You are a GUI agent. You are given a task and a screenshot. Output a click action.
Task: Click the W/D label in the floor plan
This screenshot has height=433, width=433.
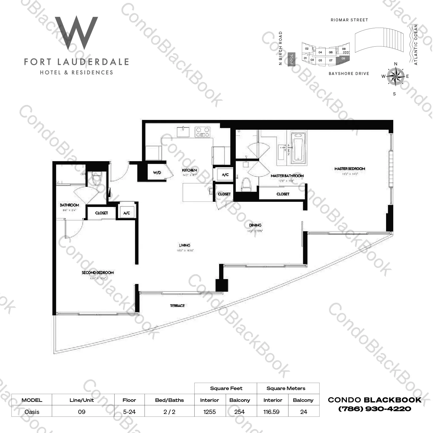coord(157,173)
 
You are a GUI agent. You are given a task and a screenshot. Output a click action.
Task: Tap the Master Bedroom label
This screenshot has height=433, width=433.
coord(350,169)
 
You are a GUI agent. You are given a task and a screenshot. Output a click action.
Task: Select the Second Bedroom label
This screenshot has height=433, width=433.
coord(98,272)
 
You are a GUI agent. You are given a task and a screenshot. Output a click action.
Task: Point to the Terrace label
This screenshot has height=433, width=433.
coord(177,306)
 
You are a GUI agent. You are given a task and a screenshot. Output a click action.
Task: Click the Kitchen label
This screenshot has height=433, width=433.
coord(189,170)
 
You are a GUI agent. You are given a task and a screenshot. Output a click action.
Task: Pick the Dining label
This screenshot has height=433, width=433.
coord(255,225)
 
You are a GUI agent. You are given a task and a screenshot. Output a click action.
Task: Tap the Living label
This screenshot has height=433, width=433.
coord(185,245)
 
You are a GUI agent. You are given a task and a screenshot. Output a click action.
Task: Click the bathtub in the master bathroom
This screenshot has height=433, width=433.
coord(298,147)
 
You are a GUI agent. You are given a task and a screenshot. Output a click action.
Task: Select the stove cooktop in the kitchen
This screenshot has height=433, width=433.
coord(203,132)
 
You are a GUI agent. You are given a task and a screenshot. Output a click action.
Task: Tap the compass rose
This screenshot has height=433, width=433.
coord(395,76)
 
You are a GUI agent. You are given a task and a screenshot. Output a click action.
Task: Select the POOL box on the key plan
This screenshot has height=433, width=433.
coord(292,59)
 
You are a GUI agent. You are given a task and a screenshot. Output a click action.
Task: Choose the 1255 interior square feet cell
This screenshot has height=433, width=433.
coord(210,412)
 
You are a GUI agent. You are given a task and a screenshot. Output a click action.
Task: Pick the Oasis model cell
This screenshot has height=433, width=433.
coord(32,412)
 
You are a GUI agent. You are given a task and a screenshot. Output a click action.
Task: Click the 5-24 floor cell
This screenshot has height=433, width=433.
coord(129,412)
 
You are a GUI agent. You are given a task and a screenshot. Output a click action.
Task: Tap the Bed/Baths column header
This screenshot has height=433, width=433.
coord(169,400)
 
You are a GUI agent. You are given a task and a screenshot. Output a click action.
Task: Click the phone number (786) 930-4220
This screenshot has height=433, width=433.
coord(375,409)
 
